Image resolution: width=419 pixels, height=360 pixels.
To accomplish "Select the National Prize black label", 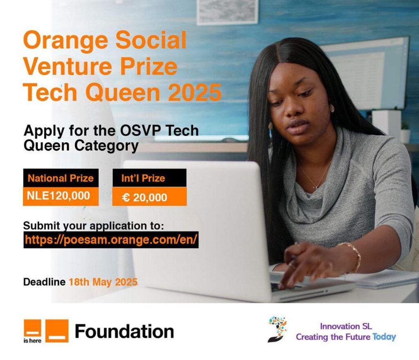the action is point(61,178).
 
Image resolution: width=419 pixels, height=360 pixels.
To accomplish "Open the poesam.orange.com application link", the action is point(111,240).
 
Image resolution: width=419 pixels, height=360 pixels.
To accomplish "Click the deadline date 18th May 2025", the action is point(103,282).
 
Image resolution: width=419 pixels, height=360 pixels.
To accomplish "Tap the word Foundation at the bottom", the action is point(124,331).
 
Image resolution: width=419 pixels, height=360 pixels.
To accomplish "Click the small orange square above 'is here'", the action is point(33,328).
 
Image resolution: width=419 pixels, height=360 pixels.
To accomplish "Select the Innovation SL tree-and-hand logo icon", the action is point(277,329).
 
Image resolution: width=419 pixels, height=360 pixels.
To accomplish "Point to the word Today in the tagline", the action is point(384,337).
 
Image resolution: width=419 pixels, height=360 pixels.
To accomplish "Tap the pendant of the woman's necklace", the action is point(317,187).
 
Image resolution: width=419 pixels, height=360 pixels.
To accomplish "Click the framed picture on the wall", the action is point(228,12).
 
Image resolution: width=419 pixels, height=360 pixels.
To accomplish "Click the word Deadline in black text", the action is point(44,282).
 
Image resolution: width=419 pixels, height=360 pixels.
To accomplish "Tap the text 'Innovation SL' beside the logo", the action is point(346,326).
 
